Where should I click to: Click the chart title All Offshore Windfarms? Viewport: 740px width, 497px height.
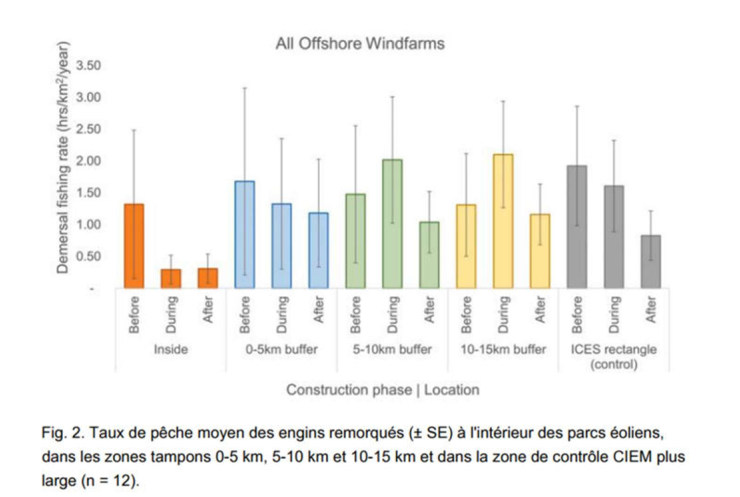(x=360, y=44)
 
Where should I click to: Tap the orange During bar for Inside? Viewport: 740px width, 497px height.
(x=171, y=278)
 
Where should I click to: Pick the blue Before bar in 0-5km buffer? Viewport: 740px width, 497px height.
(x=245, y=235)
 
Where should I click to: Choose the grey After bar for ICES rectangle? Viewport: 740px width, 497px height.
(x=651, y=261)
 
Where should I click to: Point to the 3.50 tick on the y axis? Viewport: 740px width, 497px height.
(x=89, y=65)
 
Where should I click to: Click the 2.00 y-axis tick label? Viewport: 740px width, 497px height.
(x=89, y=161)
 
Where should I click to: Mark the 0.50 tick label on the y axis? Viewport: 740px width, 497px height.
(x=89, y=256)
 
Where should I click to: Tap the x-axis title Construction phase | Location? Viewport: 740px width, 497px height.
(x=383, y=390)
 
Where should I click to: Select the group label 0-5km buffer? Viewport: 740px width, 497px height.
(x=282, y=350)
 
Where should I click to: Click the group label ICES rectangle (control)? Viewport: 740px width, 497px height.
(x=613, y=357)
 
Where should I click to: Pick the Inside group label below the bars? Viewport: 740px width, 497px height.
(x=171, y=350)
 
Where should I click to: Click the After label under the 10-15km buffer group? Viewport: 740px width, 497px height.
(x=541, y=311)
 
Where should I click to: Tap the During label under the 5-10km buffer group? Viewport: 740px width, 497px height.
(x=393, y=315)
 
